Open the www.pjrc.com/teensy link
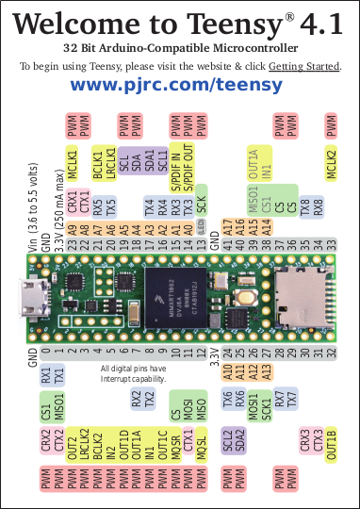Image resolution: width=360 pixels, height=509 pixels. coord(177,85)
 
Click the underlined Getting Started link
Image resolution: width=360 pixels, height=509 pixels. coord(303,65)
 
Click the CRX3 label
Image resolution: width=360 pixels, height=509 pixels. coord(304,440)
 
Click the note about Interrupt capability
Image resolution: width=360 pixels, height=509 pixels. coord(133,373)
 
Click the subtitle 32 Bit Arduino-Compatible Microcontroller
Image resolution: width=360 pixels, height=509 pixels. coord(180,47)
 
